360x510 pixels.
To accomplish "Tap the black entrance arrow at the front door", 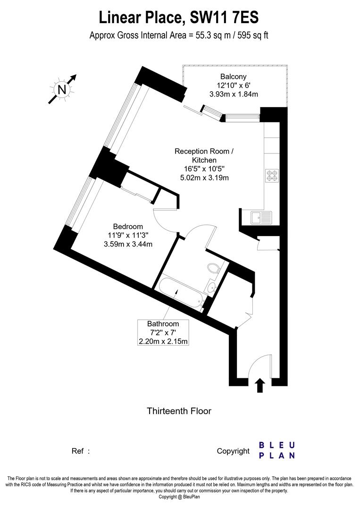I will (x=259, y=385).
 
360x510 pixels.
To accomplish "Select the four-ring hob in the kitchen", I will (x=272, y=175).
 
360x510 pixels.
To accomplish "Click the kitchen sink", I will (x=261, y=218).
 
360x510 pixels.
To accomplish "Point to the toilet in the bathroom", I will (x=213, y=270).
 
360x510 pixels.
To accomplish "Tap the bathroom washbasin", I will (x=211, y=286).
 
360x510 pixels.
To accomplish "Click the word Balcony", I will (x=233, y=76).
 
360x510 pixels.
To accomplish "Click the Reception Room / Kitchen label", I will (x=204, y=156).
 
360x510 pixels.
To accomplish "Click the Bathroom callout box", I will (x=163, y=332).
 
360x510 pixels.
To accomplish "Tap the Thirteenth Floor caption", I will (x=179, y=411).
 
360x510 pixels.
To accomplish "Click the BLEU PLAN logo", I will (x=277, y=450).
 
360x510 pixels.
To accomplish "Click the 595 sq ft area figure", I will (x=252, y=35).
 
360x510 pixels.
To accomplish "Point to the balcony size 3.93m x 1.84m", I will (x=233, y=94).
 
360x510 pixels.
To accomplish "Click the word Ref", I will (x=78, y=451).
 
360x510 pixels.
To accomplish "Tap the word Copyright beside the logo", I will (x=233, y=451).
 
